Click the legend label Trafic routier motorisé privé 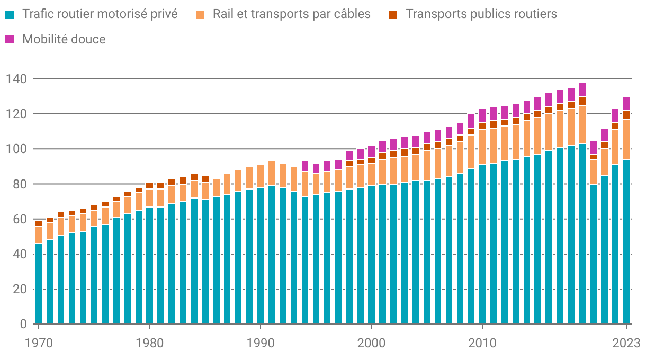[x=100, y=14]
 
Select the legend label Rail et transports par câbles [x=292, y=14]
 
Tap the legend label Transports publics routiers [x=481, y=14]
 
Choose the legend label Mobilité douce [x=64, y=39]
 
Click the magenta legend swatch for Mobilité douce [x=10, y=39]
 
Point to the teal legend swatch [x=10, y=14]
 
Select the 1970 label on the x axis [x=39, y=343]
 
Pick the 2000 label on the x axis [x=371, y=343]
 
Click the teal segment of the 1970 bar [x=39, y=284]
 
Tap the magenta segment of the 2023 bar [x=626, y=103]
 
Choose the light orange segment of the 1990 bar [x=261, y=176]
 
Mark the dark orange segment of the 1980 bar [x=150, y=186]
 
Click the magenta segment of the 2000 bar [x=371, y=152]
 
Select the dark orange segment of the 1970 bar [x=39, y=223]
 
